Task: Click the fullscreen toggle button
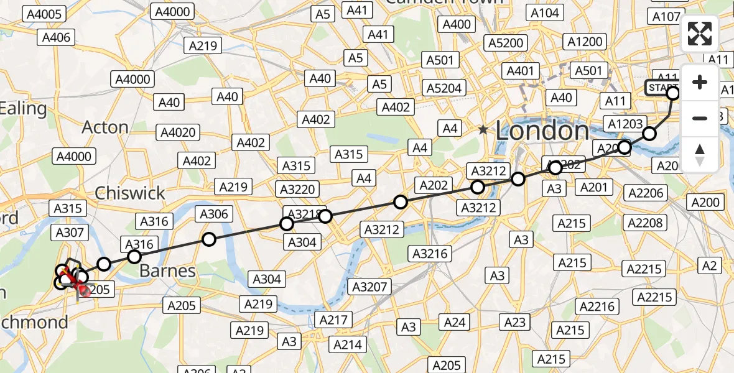point(700,34)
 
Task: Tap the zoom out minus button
point(700,118)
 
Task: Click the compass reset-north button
point(700,154)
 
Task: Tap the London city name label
point(542,131)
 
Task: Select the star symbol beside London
point(483,130)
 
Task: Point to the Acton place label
point(105,127)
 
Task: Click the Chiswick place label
point(130,193)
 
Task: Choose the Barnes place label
point(167,270)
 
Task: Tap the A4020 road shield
point(178,132)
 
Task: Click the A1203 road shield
point(625,124)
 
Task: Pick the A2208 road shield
point(645,223)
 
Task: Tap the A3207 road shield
point(371,287)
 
